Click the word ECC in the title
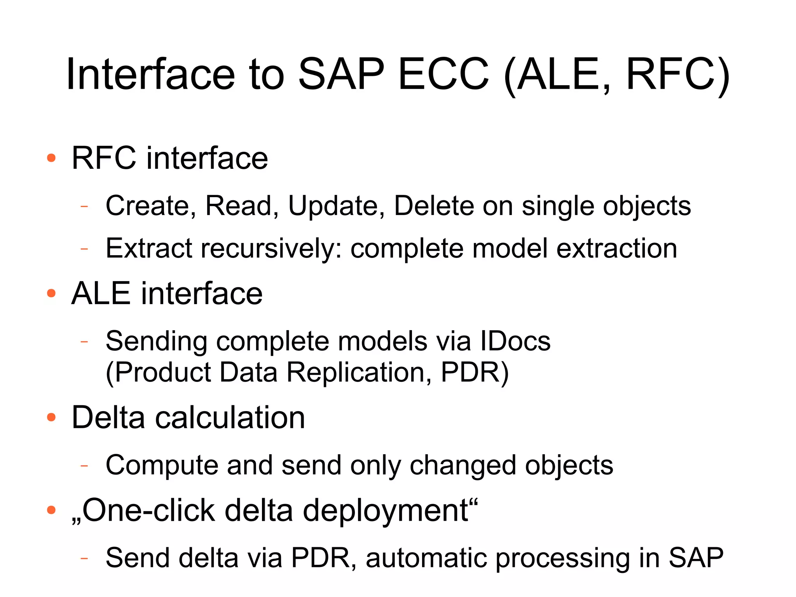[443, 74]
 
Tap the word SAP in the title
[341, 74]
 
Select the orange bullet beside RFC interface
[51, 158]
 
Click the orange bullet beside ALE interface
[51, 293]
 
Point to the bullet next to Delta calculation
[51, 417]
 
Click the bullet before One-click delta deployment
[51, 509]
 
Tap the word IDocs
[515, 341]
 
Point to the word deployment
[386, 509]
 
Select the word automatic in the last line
[426, 558]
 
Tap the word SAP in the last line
[696, 558]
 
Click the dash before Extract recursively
[84, 248]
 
